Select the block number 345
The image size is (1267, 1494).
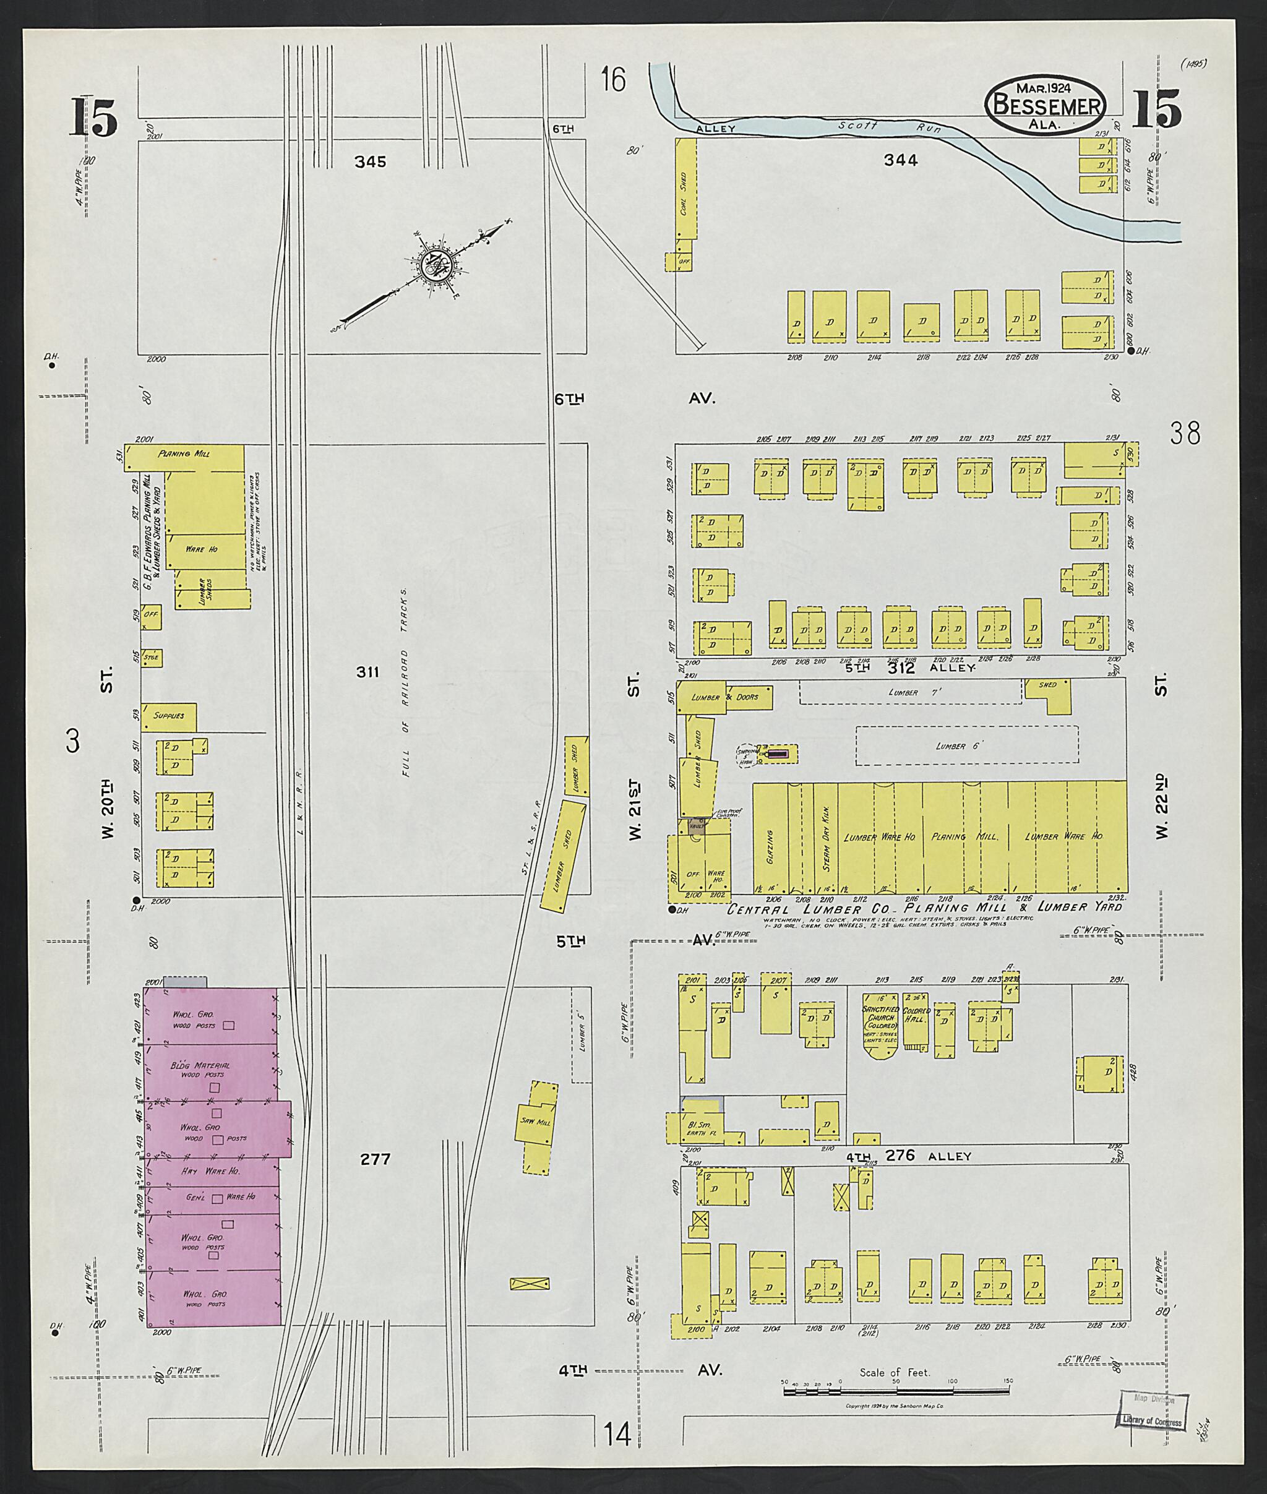(x=370, y=162)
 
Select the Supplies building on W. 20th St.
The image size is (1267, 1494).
(x=169, y=716)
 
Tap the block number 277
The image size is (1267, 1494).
(x=375, y=1159)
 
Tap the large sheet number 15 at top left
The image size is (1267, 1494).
(x=93, y=116)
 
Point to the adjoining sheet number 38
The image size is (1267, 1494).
(x=1184, y=433)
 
